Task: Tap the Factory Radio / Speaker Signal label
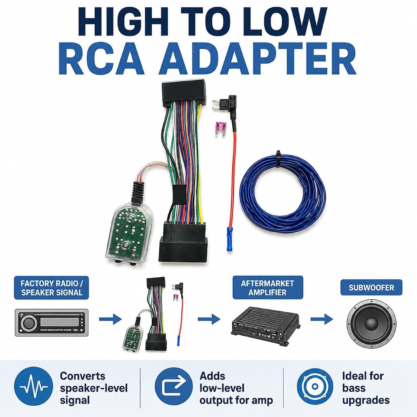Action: click(51, 288)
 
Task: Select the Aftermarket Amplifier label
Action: click(268, 288)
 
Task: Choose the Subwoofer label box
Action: click(371, 287)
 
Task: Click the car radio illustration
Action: click(52, 322)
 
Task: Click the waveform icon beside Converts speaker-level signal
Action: click(33, 386)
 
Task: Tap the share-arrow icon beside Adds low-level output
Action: click(173, 386)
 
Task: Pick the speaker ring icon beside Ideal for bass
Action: click(315, 386)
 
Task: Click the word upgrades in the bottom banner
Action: click(366, 400)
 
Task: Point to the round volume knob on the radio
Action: click(29, 323)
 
